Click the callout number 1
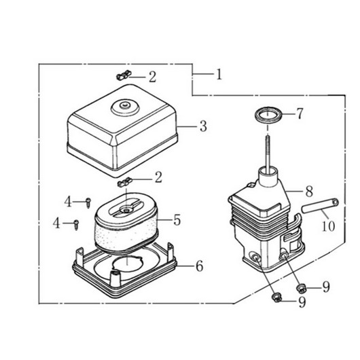click(219, 75)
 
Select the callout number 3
click(203, 126)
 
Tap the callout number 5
click(177, 220)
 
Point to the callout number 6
click(200, 266)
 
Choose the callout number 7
click(300, 113)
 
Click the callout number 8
click(309, 191)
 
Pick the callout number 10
click(329, 226)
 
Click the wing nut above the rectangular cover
click(124, 75)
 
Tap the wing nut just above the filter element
click(125, 182)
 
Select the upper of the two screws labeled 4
click(88, 203)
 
